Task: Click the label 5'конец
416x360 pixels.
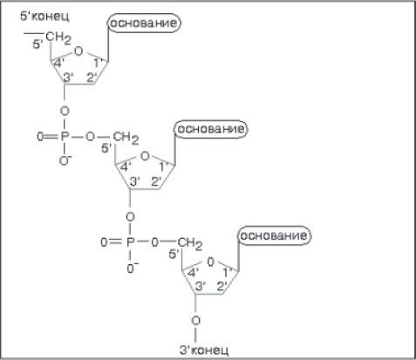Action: coord(44,16)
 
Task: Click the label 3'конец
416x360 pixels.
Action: coord(204,350)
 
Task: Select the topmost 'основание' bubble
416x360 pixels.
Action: coord(144,23)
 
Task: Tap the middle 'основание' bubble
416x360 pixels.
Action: coord(211,129)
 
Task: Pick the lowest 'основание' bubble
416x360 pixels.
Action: coord(275,235)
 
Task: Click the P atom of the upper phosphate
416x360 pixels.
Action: coord(65,136)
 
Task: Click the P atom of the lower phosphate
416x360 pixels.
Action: coord(131,241)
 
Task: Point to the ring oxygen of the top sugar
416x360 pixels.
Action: coord(78,51)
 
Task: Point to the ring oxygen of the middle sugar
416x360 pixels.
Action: coord(145,156)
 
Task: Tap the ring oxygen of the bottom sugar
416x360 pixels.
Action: coord(210,262)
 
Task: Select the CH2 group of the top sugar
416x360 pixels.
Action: coord(58,37)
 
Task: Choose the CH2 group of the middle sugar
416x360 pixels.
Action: coord(126,138)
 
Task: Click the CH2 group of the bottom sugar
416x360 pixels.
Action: coord(190,243)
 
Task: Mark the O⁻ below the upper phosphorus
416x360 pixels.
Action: coord(65,160)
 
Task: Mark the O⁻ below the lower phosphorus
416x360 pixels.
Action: coord(133,268)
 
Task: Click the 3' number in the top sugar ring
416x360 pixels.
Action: coord(68,78)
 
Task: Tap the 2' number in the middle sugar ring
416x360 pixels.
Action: coord(156,181)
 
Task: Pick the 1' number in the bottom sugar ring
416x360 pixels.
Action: coord(228,273)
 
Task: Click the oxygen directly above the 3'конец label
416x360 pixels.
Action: coord(196,321)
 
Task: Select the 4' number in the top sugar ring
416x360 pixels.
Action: coord(59,63)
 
